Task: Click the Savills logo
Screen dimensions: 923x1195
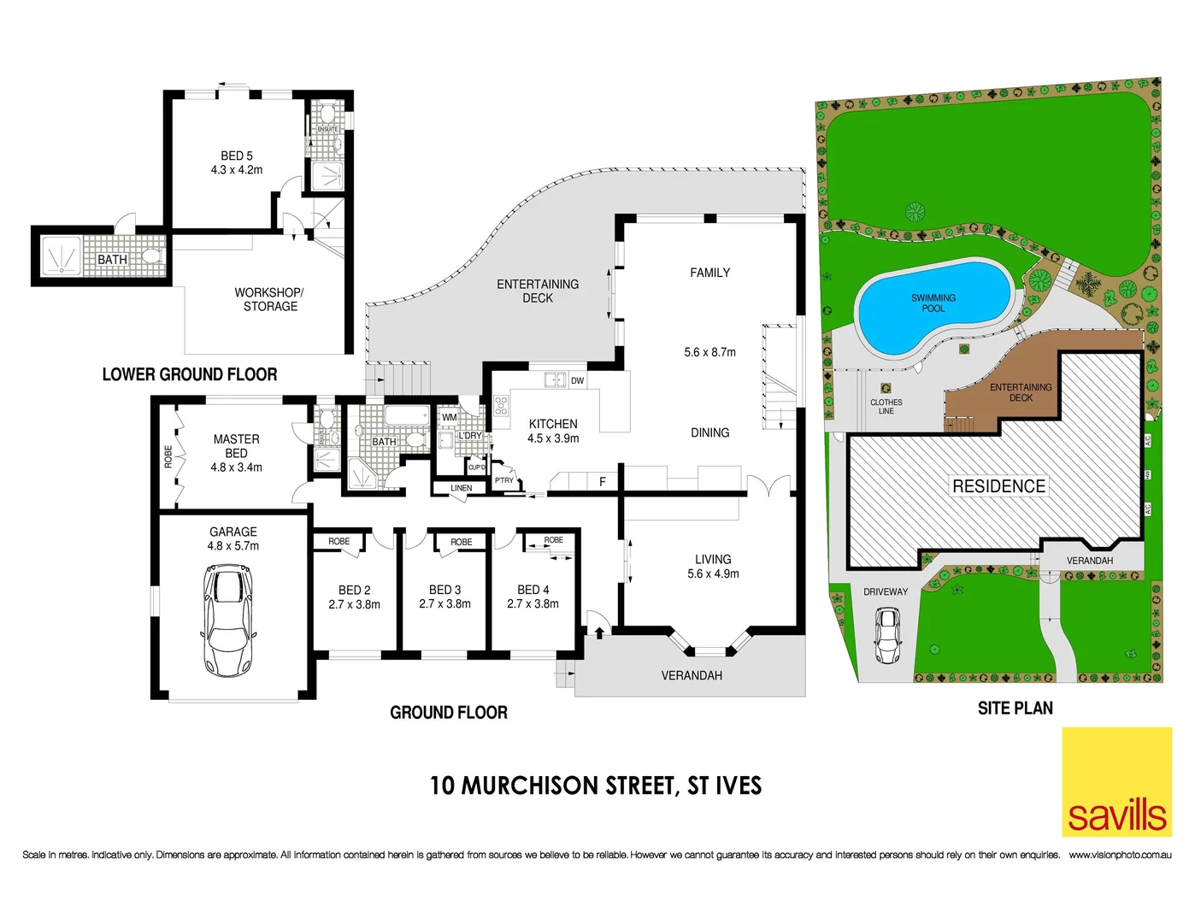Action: [1116, 782]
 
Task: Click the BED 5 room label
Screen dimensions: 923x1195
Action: [237, 156]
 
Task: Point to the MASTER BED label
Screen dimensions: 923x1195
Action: [237, 446]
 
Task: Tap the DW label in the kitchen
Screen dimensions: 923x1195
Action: [578, 381]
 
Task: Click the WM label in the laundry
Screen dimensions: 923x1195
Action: [450, 418]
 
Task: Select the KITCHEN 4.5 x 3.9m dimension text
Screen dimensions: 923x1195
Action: [553, 438]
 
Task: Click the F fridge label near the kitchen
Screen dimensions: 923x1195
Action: [603, 482]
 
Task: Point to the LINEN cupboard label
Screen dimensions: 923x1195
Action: [462, 488]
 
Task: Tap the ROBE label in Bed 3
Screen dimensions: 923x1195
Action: [462, 542]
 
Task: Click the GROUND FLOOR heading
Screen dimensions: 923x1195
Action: [449, 713]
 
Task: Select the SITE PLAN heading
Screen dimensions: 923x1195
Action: [1015, 708]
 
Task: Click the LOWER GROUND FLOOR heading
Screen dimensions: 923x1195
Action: [190, 374]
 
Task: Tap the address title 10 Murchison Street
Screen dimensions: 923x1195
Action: [596, 785]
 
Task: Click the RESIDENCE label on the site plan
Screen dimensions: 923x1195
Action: [998, 486]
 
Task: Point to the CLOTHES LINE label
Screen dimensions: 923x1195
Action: [886, 407]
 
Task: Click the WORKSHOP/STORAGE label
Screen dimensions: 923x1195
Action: [270, 299]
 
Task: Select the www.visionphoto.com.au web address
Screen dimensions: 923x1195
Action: [1120, 855]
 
